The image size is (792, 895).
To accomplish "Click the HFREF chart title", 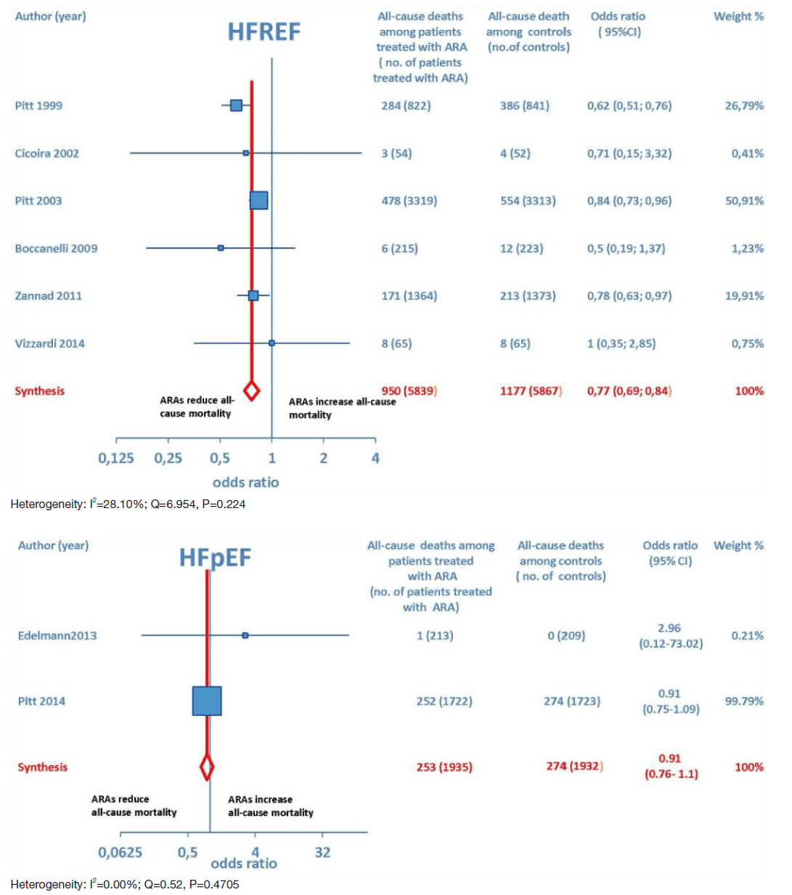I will pyautogui.click(x=264, y=32).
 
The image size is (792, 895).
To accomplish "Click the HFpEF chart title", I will pyautogui.click(x=215, y=557).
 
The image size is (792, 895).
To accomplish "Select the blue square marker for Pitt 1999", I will pyautogui.click(x=236, y=105).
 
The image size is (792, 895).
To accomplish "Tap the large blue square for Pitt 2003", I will pyautogui.click(x=258, y=200).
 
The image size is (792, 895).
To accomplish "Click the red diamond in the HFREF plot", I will pyautogui.click(x=251, y=391).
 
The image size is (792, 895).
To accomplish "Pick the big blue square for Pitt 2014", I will pyautogui.click(x=207, y=701).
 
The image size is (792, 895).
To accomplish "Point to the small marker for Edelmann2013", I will pyautogui.click(x=245, y=635).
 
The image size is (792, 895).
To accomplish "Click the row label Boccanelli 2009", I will pyautogui.click(x=56, y=248).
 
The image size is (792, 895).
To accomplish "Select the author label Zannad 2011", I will pyautogui.click(x=48, y=295).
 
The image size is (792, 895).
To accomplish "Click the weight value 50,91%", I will pyautogui.click(x=744, y=200).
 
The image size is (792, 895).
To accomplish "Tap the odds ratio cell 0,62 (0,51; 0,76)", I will pyautogui.click(x=629, y=105).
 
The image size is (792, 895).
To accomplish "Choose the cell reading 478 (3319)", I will pyautogui.click(x=409, y=200).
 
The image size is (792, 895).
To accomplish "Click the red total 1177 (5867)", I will pyautogui.click(x=531, y=391).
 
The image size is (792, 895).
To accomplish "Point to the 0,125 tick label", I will pyautogui.click(x=116, y=458).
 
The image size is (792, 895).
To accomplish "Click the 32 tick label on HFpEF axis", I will pyautogui.click(x=322, y=852).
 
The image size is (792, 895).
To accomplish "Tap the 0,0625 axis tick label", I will pyautogui.click(x=121, y=852).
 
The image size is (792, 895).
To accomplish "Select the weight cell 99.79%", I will pyautogui.click(x=744, y=701).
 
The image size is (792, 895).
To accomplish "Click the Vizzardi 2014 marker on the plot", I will pyautogui.click(x=272, y=343).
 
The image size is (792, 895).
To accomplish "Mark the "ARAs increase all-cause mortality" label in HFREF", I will pyautogui.click(x=341, y=408).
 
